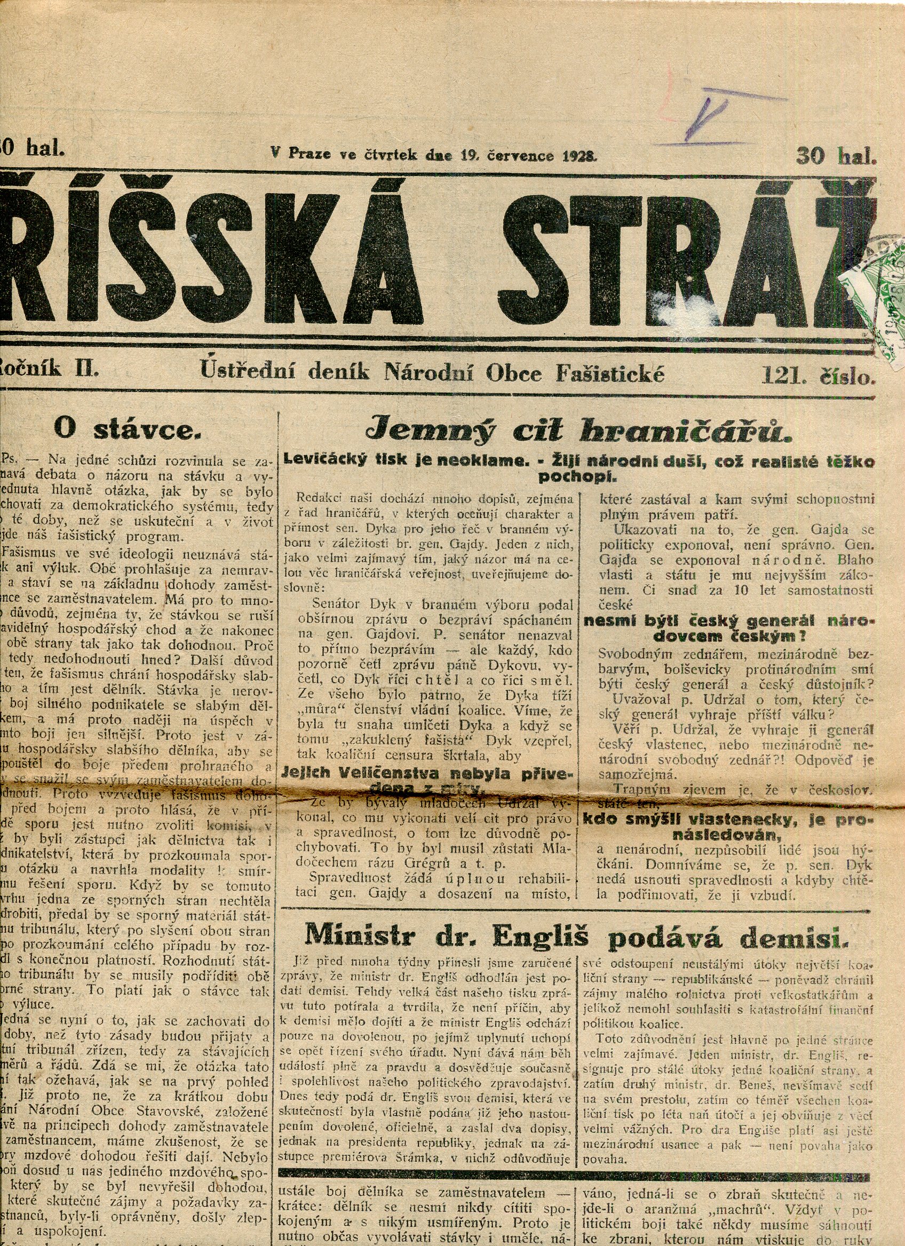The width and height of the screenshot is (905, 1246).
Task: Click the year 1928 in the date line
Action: tap(579, 155)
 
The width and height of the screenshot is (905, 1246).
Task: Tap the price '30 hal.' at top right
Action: tap(835, 156)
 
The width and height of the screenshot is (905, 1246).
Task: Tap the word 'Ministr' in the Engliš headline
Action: tap(358, 934)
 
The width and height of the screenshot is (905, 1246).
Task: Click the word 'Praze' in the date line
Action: tap(309, 154)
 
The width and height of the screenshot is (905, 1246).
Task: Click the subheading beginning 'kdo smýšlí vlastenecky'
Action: tap(727, 820)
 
